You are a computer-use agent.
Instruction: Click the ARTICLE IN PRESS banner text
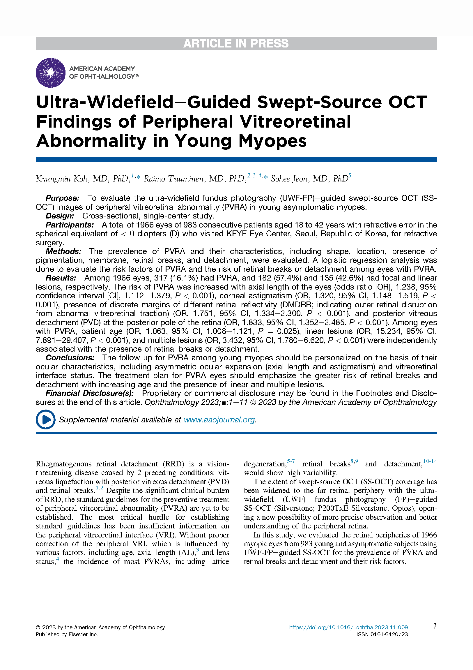click(x=236, y=43)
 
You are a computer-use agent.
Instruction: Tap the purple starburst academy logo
click(x=50, y=73)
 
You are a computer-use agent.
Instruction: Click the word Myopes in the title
click(x=272, y=141)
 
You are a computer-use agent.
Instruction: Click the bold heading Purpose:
click(x=62, y=198)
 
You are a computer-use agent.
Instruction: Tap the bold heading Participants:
click(x=69, y=225)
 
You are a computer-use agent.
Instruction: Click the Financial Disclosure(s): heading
click(x=90, y=393)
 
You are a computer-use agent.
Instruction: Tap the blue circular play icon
click(x=45, y=420)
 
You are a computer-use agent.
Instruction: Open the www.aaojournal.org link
click(x=219, y=420)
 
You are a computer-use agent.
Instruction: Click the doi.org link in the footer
click(x=348, y=627)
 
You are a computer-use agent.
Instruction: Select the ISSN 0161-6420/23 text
click(x=382, y=634)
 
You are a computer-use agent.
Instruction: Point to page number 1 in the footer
click(x=435, y=627)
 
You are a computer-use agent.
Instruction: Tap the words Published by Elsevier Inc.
click(x=67, y=634)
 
